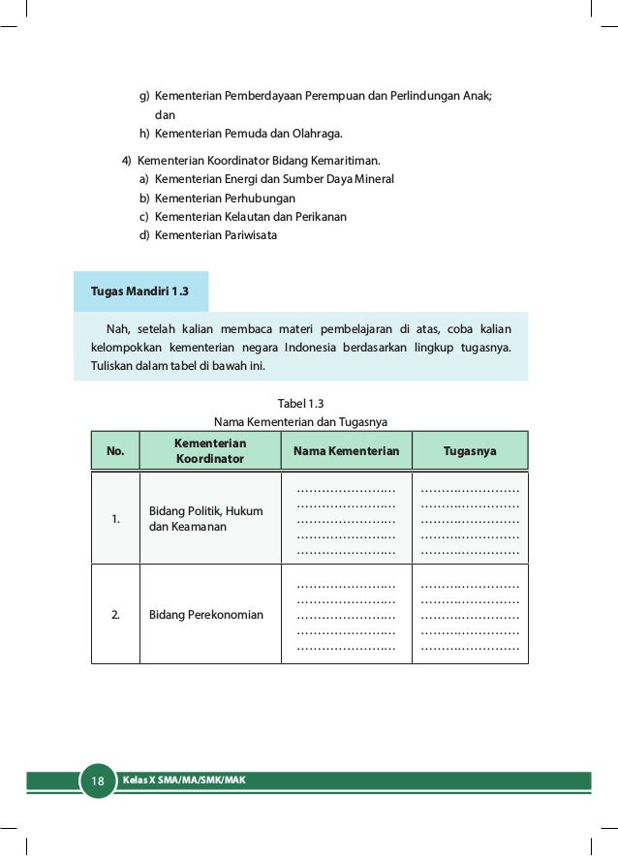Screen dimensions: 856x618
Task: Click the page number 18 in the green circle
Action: coord(97,781)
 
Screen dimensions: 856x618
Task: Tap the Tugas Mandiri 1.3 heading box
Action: coord(139,291)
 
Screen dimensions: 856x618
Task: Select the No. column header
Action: coord(115,451)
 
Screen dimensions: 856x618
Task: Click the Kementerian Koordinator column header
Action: coord(210,451)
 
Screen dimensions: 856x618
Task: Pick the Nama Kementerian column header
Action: coord(346,451)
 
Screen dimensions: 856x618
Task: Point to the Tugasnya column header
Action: coord(470,451)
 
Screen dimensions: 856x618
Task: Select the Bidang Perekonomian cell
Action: coord(206,615)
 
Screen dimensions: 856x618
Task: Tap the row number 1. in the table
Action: coord(115,519)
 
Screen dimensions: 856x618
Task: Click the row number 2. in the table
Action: coord(115,615)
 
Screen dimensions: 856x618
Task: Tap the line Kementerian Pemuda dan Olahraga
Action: coord(248,133)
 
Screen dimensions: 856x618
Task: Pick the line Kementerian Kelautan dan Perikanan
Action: coord(250,216)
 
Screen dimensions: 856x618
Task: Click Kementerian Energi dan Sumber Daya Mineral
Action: coord(274,179)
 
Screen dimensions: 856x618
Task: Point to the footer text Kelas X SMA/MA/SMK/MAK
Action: coord(183,780)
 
